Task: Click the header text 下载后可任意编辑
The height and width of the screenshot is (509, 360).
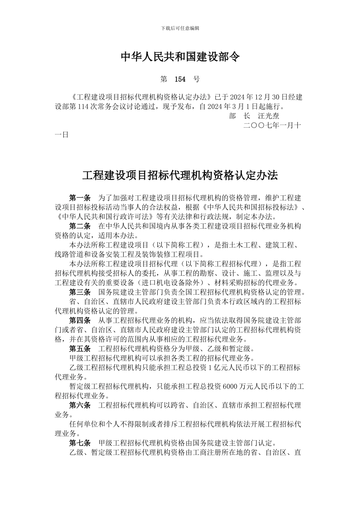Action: click(180, 28)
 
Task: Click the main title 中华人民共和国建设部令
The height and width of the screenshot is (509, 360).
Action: click(180, 57)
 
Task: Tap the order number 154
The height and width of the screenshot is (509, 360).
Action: click(180, 79)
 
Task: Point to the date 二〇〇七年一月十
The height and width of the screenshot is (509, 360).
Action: click(272, 125)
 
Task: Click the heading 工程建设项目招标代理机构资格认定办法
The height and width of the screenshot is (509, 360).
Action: click(180, 175)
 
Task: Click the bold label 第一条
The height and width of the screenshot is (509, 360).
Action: click(80, 198)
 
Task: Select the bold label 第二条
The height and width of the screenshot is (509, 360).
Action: click(80, 226)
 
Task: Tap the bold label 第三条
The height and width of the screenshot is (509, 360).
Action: click(80, 292)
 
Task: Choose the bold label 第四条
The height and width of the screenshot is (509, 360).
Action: click(80, 320)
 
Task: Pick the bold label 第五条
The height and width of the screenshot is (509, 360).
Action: click(80, 349)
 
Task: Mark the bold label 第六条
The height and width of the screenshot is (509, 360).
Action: click(80, 405)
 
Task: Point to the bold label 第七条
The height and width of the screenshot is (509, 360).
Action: click(80, 443)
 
